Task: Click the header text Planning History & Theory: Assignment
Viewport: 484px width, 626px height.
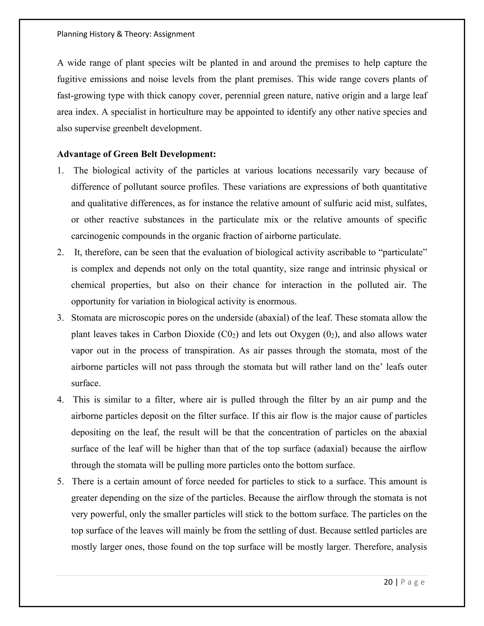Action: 125,34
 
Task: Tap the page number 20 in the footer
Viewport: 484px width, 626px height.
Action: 388,582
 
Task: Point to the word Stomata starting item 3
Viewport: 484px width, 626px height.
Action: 84,318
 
